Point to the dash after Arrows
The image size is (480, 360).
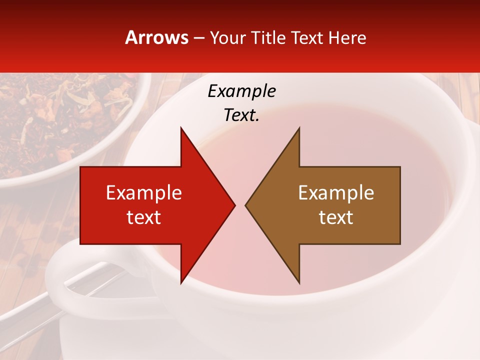pyautogui.click(x=198, y=38)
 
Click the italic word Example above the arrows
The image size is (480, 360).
pyautogui.click(x=242, y=91)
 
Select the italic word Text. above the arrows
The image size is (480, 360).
pyautogui.click(x=242, y=115)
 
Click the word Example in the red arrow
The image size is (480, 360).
pyautogui.click(x=144, y=193)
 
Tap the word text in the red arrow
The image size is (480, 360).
pyautogui.click(x=144, y=217)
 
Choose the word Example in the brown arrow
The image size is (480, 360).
pyautogui.click(x=336, y=193)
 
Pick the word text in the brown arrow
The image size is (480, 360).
pyautogui.click(x=336, y=217)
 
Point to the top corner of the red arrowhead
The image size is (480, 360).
pyautogui.click(x=181, y=128)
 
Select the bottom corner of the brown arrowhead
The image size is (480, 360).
pyautogui.click(x=299, y=282)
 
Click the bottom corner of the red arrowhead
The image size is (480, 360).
pyautogui.click(x=181, y=282)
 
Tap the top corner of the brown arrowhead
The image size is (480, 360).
pyautogui.click(x=299, y=128)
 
